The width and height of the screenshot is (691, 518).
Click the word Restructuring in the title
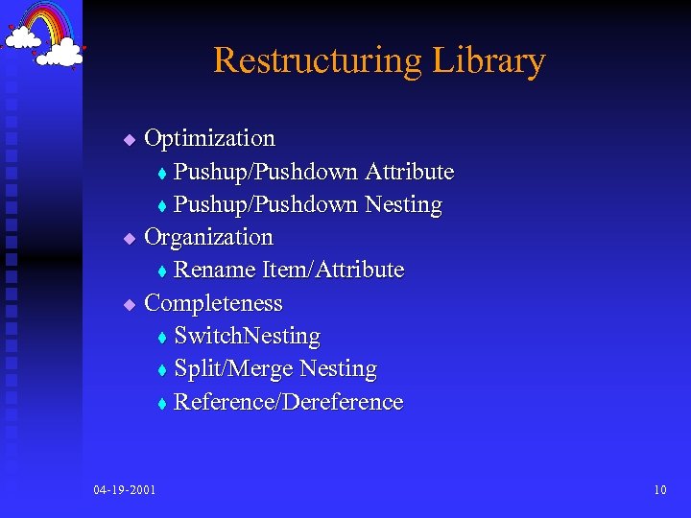pyautogui.click(x=317, y=61)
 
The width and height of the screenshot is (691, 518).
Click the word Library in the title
pyautogui.click(x=488, y=61)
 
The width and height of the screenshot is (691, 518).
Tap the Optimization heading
pyautogui.click(x=209, y=139)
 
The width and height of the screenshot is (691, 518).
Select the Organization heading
pyautogui.click(x=208, y=237)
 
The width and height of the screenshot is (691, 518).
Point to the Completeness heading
pyautogui.click(x=213, y=304)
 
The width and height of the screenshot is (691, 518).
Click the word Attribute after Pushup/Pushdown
pyautogui.click(x=409, y=173)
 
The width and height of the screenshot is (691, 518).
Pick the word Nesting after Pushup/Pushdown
pyautogui.click(x=403, y=205)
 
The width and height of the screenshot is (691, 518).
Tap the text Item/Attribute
pyautogui.click(x=334, y=271)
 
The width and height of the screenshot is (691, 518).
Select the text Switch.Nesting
pyautogui.click(x=247, y=337)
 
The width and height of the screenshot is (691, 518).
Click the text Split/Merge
pyautogui.click(x=233, y=369)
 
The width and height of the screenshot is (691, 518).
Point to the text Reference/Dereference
pyautogui.click(x=288, y=402)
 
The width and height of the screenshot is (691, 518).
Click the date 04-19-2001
pyautogui.click(x=126, y=490)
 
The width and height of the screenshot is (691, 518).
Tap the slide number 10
pyautogui.click(x=659, y=490)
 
